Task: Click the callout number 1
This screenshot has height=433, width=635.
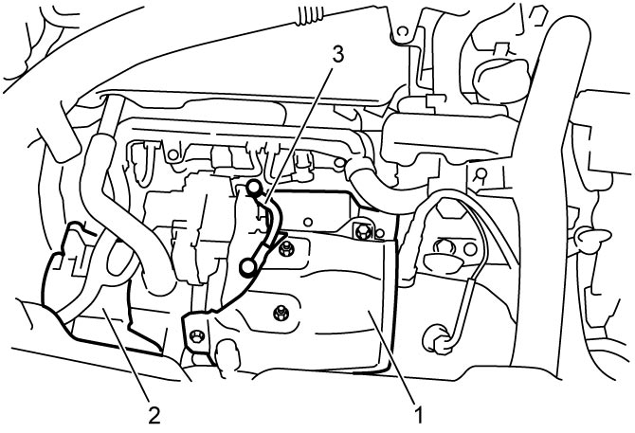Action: (x=419, y=415)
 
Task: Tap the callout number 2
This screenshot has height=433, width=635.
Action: (x=154, y=415)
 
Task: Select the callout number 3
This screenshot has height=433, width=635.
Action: (x=338, y=54)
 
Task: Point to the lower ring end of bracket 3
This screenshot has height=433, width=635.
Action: (x=246, y=266)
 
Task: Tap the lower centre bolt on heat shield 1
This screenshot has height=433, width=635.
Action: (x=280, y=313)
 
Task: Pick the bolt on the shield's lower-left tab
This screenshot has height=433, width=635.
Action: (x=197, y=335)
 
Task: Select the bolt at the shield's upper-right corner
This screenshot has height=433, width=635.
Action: (x=363, y=230)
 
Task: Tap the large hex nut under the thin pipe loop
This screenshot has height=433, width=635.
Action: (x=446, y=208)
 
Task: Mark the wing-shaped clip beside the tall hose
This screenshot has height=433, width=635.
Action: (x=593, y=236)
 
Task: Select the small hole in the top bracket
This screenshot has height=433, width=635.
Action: (x=401, y=31)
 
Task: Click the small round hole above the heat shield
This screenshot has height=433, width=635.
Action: (x=308, y=222)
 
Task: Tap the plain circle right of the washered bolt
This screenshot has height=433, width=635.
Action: (x=470, y=249)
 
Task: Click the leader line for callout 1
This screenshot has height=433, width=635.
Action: (x=390, y=357)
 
